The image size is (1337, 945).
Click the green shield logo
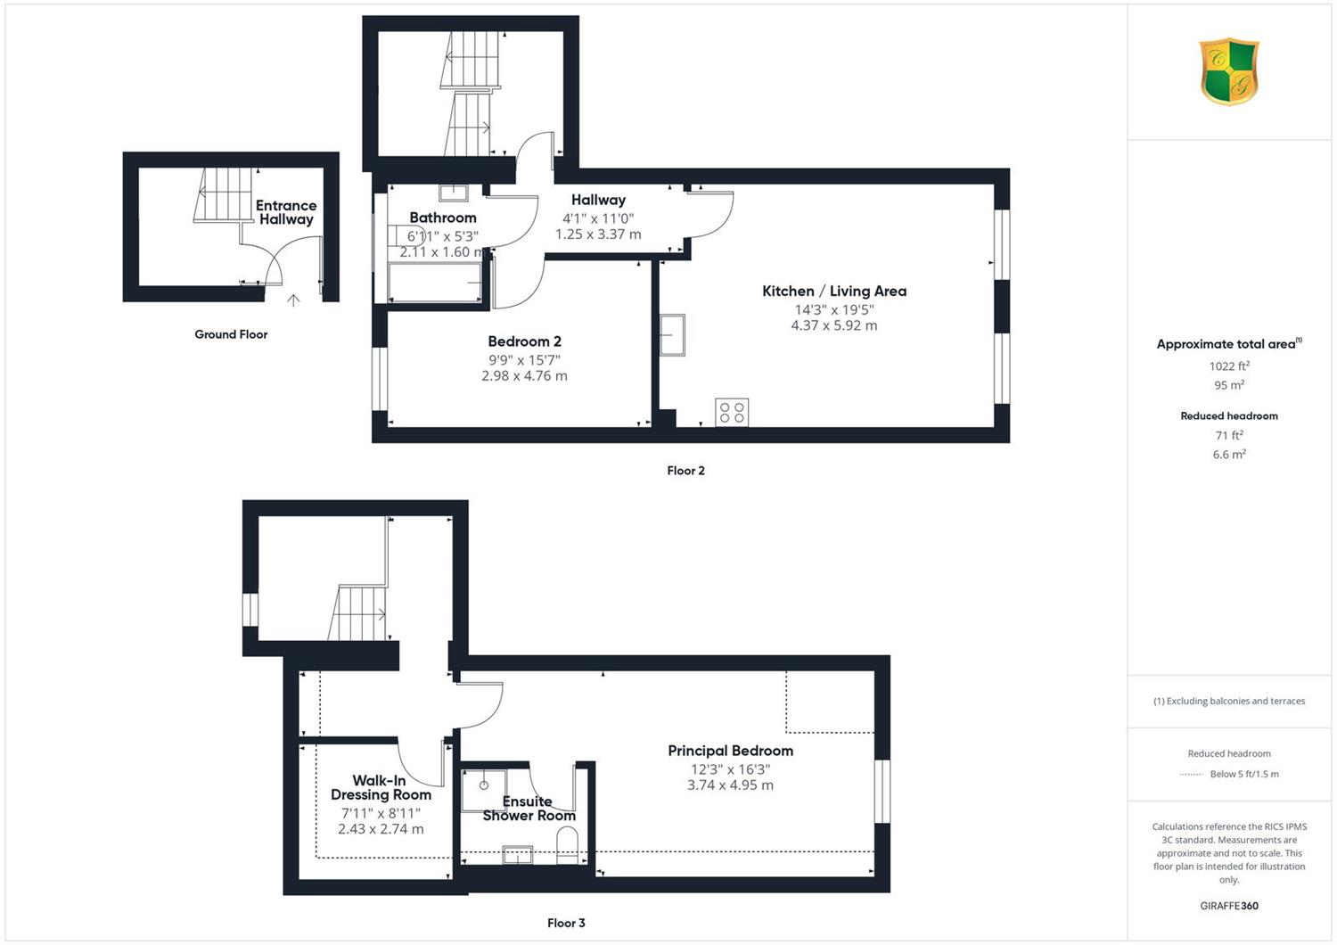tap(1229, 71)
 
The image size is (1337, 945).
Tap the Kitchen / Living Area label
tap(833, 292)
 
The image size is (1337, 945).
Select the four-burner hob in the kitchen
tap(732, 413)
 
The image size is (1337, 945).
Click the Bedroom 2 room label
tap(524, 341)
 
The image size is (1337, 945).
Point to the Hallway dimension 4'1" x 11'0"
tap(598, 218)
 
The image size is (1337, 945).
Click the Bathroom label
tap(443, 218)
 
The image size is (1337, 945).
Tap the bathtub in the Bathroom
tap(435, 283)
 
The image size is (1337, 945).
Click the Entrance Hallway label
tap(286, 212)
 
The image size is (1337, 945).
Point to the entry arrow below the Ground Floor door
tap(293, 300)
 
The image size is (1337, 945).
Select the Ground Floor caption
tap(231, 334)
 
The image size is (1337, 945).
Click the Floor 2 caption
tap(685, 471)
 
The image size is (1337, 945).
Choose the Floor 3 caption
tap(566, 923)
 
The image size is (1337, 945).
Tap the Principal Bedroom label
tap(731, 751)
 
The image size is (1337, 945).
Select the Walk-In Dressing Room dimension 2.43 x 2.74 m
tap(381, 829)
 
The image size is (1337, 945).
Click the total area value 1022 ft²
tap(1229, 366)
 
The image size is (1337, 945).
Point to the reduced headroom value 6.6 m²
tap(1229, 455)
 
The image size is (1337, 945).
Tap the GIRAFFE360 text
tap(1229, 906)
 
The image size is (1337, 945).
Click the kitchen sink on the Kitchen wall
tap(672, 335)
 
